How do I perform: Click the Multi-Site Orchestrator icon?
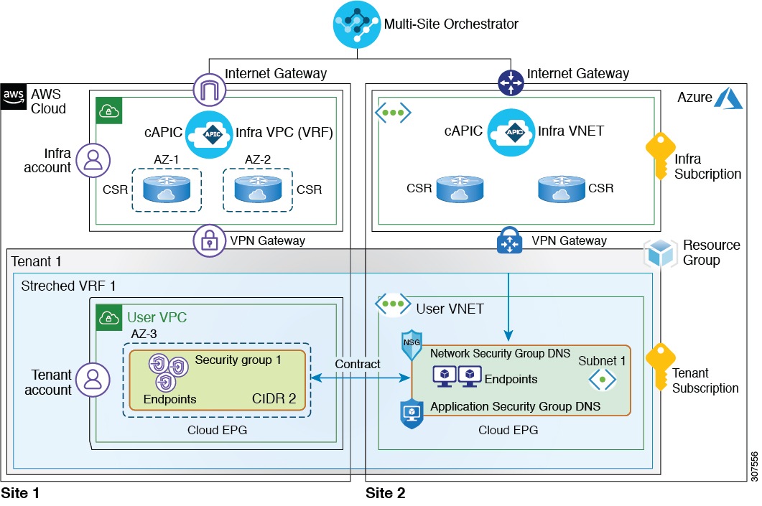(x=357, y=24)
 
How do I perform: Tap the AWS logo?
(x=14, y=95)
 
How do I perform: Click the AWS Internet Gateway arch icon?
(x=209, y=90)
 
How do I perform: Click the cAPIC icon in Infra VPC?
(x=209, y=134)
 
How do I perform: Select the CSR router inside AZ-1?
(x=167, y=189)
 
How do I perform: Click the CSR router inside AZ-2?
(x=258, y=189)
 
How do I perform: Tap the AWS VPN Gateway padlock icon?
(x=209, y=241)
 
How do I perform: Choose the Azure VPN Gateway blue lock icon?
(x=512, y=242)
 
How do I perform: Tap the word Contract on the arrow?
(x=358, y=364)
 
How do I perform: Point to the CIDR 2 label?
(x=274, y=398)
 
